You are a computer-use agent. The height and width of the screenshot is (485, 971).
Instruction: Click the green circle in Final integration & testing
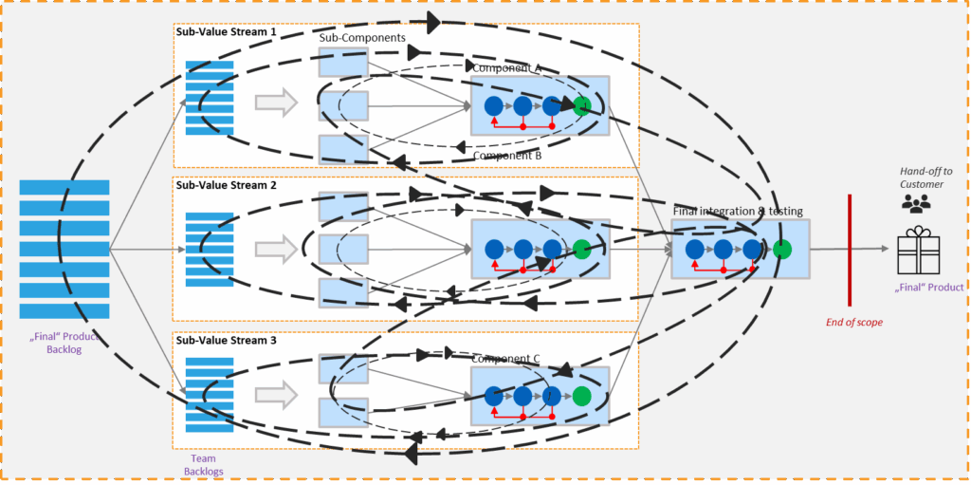781,250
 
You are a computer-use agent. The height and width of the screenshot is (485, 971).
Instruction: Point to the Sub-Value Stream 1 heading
226,31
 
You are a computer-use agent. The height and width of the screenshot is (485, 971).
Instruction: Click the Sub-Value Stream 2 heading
226,185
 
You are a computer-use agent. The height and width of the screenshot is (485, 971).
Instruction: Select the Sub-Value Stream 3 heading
226,339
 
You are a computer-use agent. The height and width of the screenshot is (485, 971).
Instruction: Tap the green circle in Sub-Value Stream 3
581,396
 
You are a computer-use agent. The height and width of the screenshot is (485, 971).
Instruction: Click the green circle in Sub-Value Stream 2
581,249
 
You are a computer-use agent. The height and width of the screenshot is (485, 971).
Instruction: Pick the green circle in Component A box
581,105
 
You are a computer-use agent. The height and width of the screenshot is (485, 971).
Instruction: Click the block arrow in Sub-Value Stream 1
276,103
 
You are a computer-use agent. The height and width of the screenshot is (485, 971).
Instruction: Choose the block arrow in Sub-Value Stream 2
276,249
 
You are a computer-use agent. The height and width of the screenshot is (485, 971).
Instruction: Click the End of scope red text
853,322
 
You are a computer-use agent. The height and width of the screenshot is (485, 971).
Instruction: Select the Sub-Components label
362,38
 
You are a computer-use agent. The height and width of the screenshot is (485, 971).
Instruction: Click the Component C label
505,359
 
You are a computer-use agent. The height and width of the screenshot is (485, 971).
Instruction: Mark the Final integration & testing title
738,211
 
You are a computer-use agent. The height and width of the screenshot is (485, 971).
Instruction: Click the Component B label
506,155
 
